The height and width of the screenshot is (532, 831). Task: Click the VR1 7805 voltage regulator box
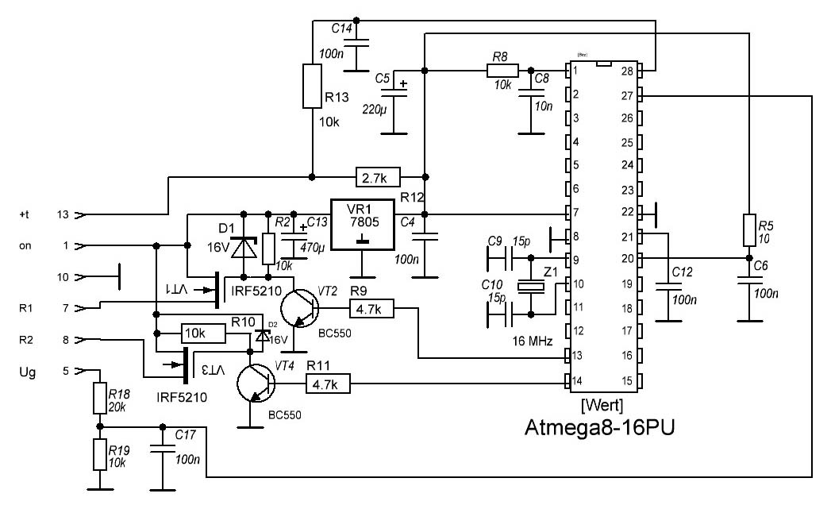362,224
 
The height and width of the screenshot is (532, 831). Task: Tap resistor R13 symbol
312,87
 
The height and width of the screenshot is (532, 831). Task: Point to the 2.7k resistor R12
378,175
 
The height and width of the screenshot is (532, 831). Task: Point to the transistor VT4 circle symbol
256,385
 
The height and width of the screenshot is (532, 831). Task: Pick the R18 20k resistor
99,397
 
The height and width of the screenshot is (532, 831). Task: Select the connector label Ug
27,371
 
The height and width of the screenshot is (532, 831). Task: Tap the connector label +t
24,214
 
